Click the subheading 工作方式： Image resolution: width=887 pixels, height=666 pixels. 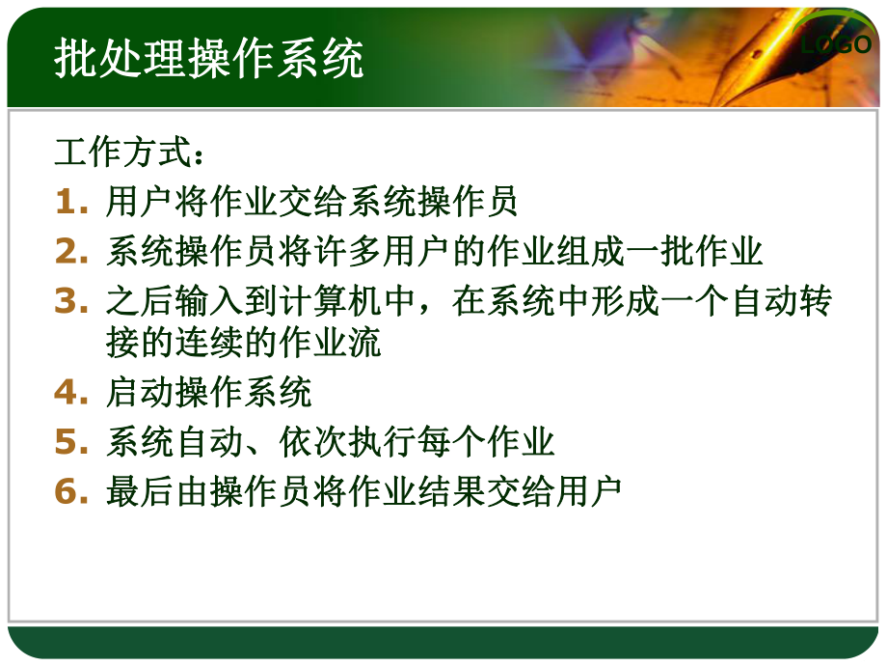pyautogui.click(x=129, y=153)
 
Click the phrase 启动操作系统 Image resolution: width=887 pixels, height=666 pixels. pyautogui.click(x=209, y=393)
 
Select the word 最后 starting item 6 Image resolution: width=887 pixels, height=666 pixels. pyautogui.click(x=132, y=491)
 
